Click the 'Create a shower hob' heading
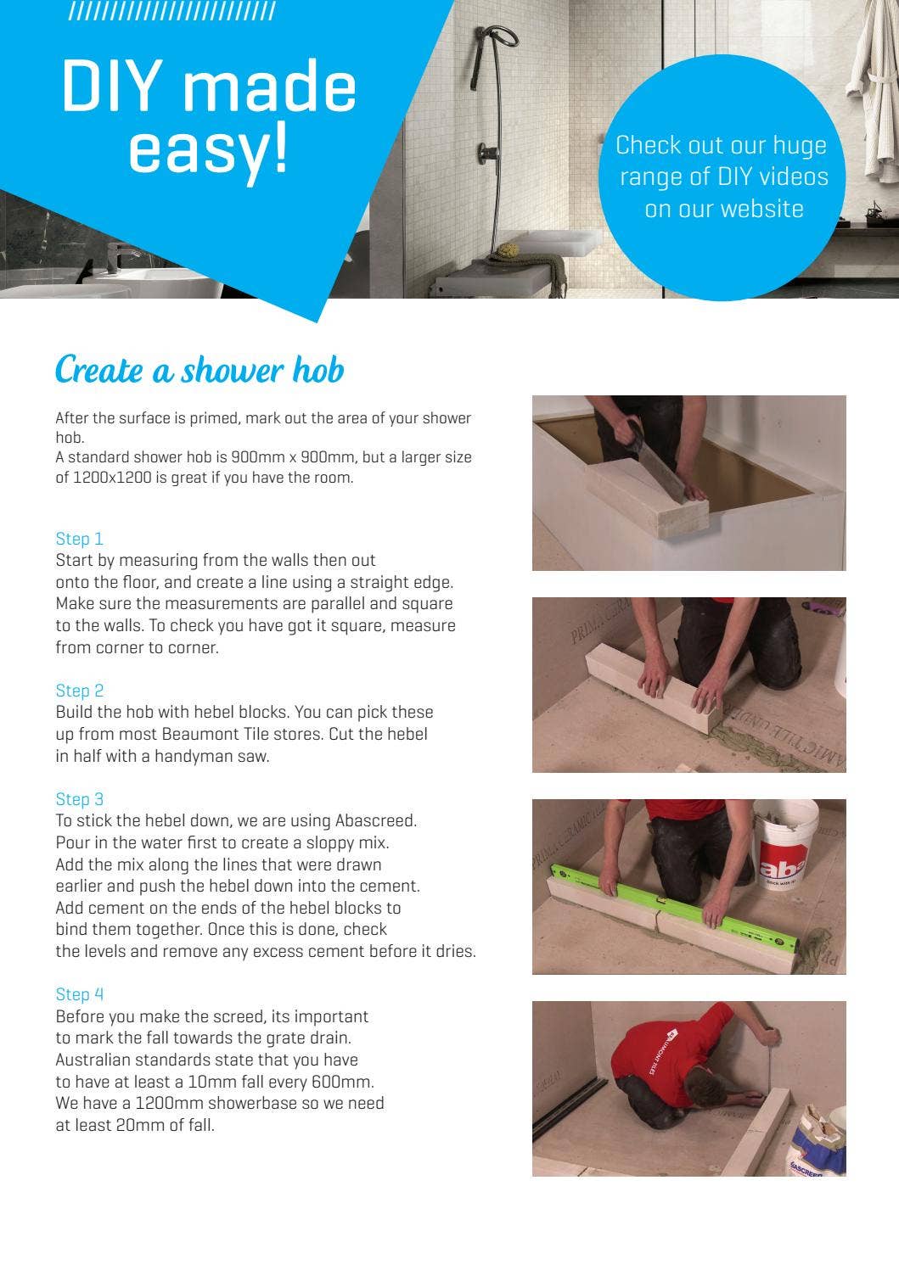point(199,371)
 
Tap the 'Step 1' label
point(80,539)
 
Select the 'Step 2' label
point(80,691)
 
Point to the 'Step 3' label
point(80,799)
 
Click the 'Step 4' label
point(80,994)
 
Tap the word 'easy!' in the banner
point(209,150)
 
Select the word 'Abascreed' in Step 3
point(375,821)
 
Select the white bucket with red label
point(785,845)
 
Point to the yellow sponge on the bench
point(507,249)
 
